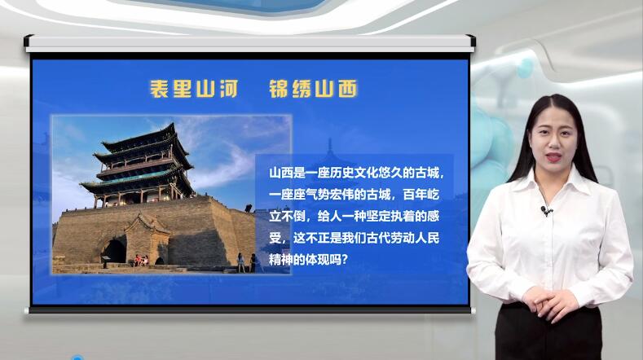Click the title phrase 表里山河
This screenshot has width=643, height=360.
click(194, 89)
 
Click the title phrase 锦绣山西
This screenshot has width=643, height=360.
click(313, 89)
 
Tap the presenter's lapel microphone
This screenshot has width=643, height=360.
click(546, 211)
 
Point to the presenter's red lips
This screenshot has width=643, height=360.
click(553, 157)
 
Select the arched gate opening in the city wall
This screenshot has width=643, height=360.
click(114, 251)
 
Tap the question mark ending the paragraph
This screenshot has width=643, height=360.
click(344, 260)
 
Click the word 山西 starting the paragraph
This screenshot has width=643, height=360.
click(281, 173)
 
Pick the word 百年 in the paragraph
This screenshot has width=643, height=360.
click(415, 195)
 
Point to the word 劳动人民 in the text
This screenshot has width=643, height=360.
click(415, 238)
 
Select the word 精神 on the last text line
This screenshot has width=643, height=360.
click(281, 260)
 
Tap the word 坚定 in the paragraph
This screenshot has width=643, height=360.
click(378, 217)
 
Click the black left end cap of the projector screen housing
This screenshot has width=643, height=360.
click(29, 41)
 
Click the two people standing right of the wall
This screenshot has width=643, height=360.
click(247, 262)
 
